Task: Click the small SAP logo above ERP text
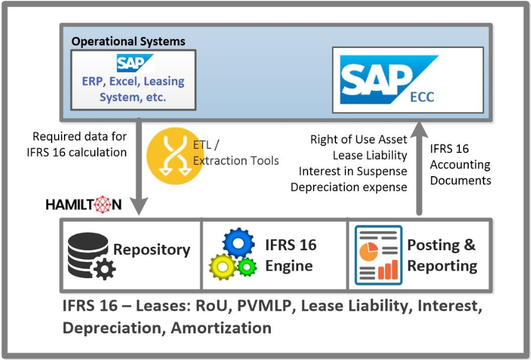tap(135, 63)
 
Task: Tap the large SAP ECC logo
tap(389, 79)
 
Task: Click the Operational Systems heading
tap(129, 42)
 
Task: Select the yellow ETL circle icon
tap(175, 156)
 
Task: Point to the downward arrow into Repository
tap(139, 167)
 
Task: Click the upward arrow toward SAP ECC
tap(419, 168)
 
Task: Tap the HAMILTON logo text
tap(84, 205)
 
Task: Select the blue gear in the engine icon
tap(238, 243)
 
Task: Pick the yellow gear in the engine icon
tap(222, 267)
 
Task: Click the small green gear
tap(247, 267)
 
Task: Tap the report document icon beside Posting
tap(378, 255)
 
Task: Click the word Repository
tap(152, 250)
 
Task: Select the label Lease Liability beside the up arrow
tap(370, 155)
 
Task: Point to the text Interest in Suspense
tap(353, 171)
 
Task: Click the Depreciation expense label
tap(349, 187)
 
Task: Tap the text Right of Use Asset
tap(359, 139)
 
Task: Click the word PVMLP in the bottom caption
tap(264, 306)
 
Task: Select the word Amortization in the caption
tap(221, 328)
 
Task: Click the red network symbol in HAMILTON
tap(103, 205)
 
